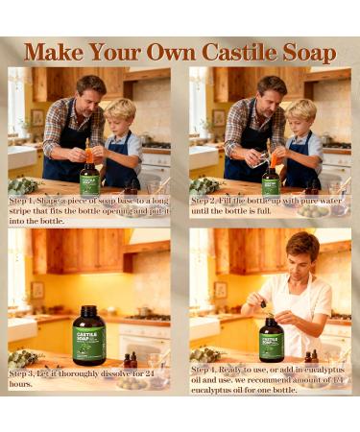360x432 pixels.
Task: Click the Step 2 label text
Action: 208,198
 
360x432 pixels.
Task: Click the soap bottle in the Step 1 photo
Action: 89,176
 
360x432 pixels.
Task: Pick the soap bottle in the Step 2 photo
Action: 272,176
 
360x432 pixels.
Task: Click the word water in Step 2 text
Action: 326,199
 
